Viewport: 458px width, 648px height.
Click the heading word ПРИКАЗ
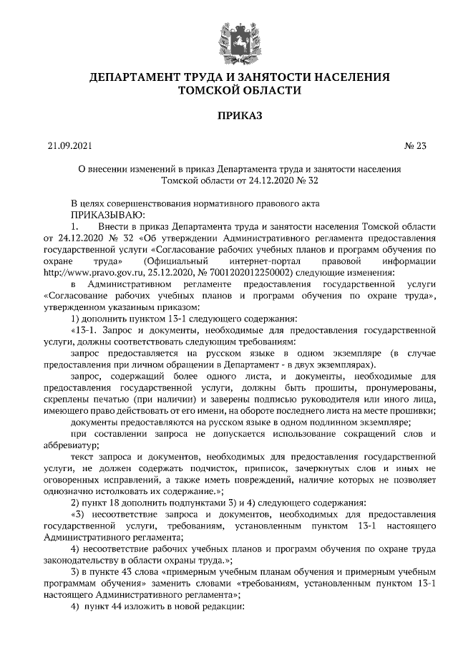point(229,115)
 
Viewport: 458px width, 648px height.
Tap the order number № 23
point(415,147)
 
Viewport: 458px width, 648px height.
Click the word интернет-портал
point(277,261)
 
